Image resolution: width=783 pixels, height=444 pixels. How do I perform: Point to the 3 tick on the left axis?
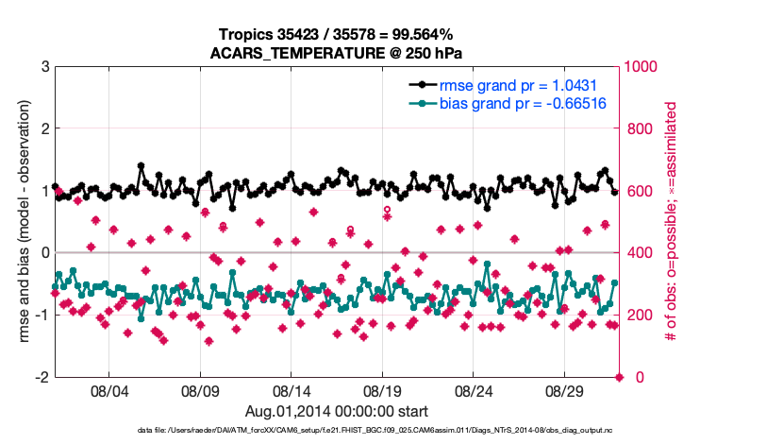[45, 66]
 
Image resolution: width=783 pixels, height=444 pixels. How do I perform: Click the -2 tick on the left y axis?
[42, 377]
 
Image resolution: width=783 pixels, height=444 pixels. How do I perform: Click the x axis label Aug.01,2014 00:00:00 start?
[337, 411]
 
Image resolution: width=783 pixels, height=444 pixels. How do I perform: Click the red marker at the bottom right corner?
[620, 377]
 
